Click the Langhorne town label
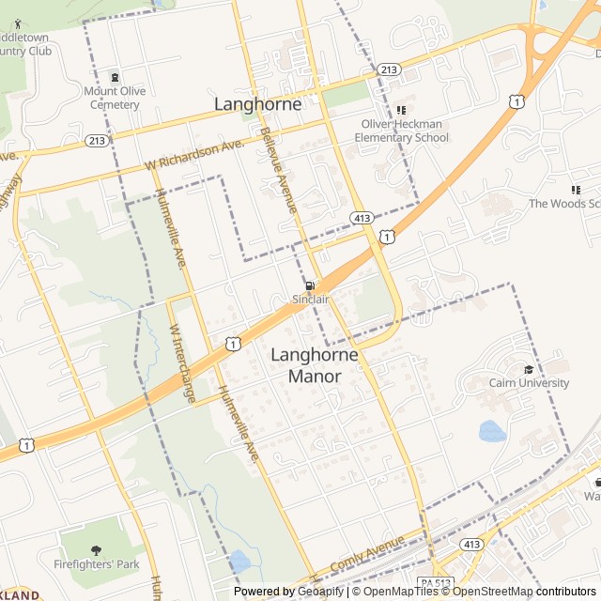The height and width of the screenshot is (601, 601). coord(258,104)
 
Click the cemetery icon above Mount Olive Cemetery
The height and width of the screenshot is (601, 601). coord(115,77)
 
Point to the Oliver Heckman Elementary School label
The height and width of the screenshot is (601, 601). coord(406,131)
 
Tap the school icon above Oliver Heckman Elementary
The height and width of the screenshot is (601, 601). coord(401,110)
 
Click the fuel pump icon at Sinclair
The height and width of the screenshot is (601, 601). coord(309,285)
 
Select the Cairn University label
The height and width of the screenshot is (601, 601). coord(529,382)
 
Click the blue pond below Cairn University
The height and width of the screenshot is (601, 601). coord(492,431)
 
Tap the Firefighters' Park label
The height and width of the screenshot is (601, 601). coord(96,564)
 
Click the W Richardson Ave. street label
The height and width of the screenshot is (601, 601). coord(194,156)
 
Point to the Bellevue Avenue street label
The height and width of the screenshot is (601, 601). coord(279,170)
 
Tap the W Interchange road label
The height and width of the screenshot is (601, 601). coord(181,364)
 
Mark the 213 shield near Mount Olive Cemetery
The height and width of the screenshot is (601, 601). coord(96,141)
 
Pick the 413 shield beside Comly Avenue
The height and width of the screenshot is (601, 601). coord(471,544)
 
